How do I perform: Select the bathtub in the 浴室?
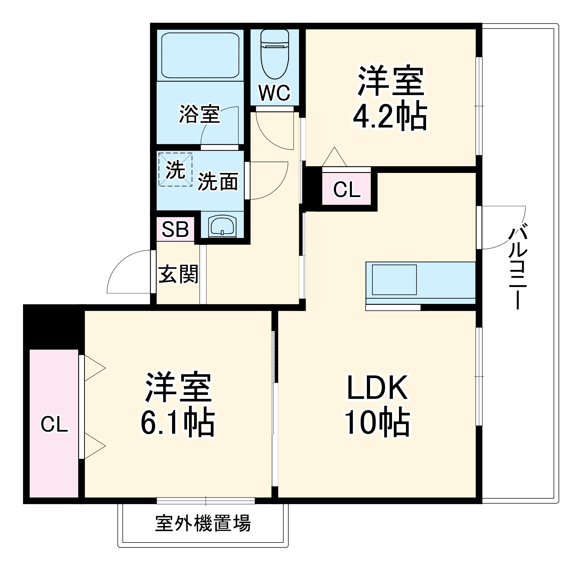tap(200, 55)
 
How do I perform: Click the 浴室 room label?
tap(199, 114)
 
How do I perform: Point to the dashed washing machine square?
tap(176, 169)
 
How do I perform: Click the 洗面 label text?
tap(218, 182)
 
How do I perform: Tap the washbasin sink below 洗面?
tap(222, 225)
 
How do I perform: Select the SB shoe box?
tap(176, 230)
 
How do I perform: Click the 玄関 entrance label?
tap(178, 274)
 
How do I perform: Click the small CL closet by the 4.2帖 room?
tap(347, 190)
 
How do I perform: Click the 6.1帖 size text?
tap(178, 423)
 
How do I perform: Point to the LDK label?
tap(377, 388)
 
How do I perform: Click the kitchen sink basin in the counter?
tap(394, 279)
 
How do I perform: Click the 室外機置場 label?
tap(203, 523)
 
